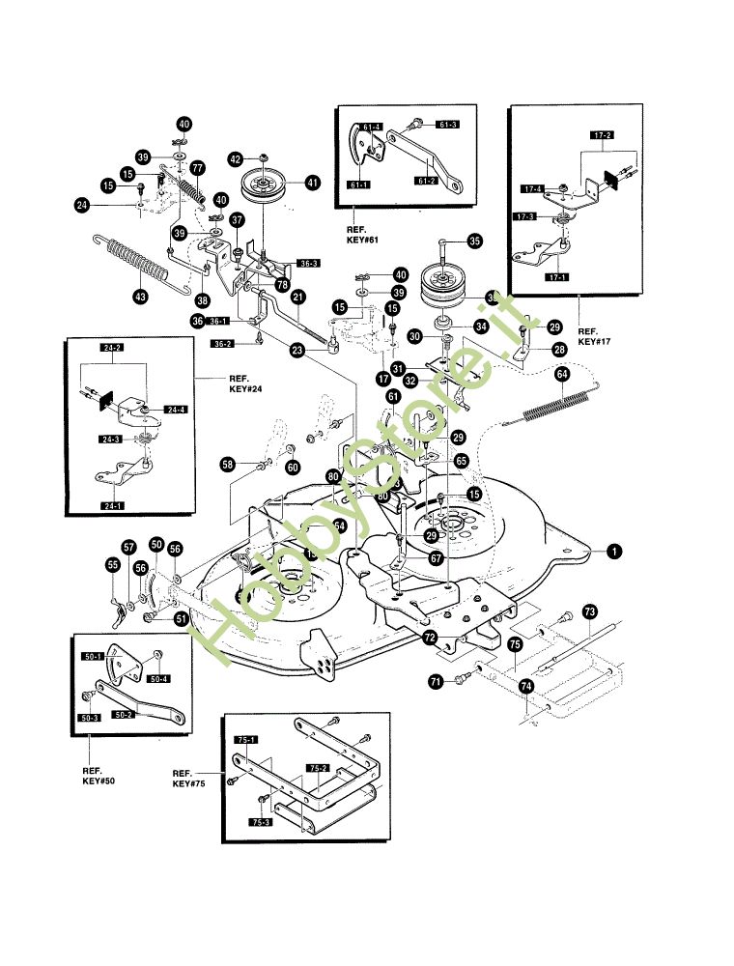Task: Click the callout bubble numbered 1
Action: click(x=614, y=552)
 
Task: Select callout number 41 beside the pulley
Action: click(x=312, y=181)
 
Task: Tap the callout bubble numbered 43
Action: click(x=141, y=297)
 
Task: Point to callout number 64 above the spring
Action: click(x=562, y=373)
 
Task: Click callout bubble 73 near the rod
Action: click(x=591, y=613)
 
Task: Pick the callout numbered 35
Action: click(x=473, y=241)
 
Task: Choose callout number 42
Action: click(x=235, y=158)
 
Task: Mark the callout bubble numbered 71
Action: click(x=436, y=682)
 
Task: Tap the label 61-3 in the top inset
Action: click(x=447, y=125)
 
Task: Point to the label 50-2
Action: click(x=123, y=715)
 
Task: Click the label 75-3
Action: click(x=260, y=821)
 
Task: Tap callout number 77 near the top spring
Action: click(x=198, y=167)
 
